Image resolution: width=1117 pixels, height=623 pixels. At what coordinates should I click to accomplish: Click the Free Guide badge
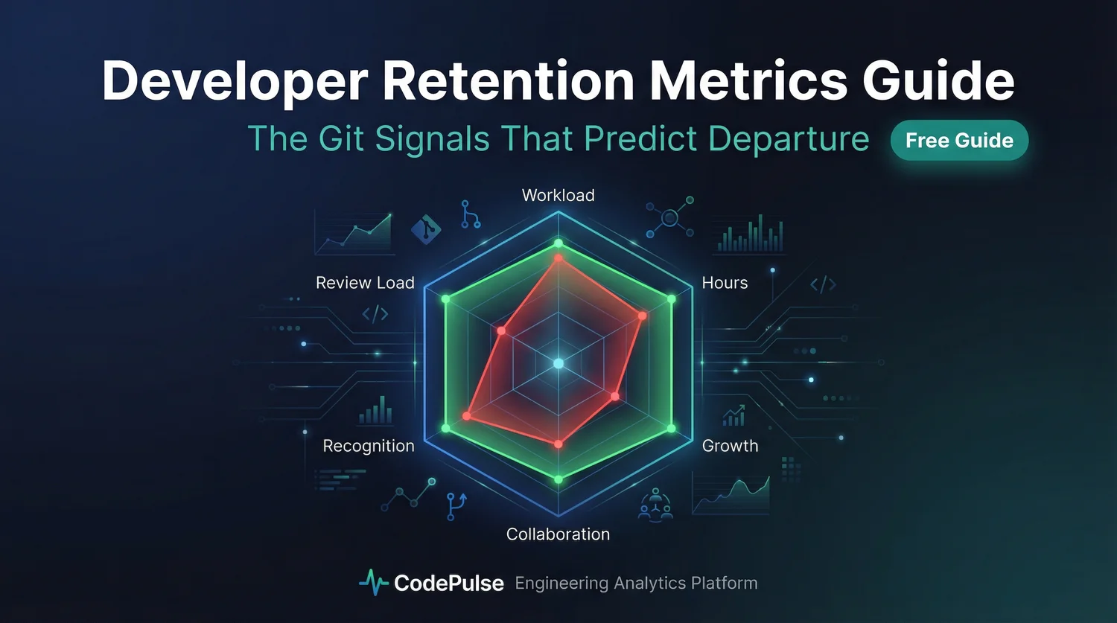point(959,140)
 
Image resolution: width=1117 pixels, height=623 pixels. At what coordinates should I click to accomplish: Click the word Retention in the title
point(509,80)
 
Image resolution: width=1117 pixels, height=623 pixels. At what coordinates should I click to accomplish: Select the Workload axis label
point(558,195)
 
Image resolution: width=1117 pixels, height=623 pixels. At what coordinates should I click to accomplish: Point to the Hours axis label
point(725,283)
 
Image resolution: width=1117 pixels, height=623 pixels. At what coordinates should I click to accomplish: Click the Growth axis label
point(730,446)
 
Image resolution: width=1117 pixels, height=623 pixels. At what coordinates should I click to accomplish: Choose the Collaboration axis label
point(558,534)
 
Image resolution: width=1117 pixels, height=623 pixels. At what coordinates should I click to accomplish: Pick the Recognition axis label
point(369,446)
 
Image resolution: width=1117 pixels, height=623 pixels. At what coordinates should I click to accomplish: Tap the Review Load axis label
point(365,283)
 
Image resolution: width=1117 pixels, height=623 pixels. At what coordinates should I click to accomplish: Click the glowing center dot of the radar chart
point(558,363)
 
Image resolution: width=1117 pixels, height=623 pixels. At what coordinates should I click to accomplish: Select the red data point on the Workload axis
point(558,258)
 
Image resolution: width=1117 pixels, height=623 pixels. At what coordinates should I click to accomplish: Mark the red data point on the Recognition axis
point(468,416)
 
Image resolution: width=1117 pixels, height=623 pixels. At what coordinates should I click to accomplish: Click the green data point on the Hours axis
point(671,299)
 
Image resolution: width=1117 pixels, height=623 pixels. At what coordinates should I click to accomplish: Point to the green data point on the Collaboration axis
point(558,479)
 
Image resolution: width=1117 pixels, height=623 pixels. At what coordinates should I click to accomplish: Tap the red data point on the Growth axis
point(614,396)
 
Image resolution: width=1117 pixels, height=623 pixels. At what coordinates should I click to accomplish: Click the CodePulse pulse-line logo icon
point(373,583)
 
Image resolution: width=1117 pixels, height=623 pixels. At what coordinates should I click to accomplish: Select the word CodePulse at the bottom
point(448,583)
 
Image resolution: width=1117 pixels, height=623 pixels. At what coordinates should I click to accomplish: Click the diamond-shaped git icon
point(426,229)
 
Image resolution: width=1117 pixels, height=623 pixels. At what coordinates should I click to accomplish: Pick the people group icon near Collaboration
point(655,504)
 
